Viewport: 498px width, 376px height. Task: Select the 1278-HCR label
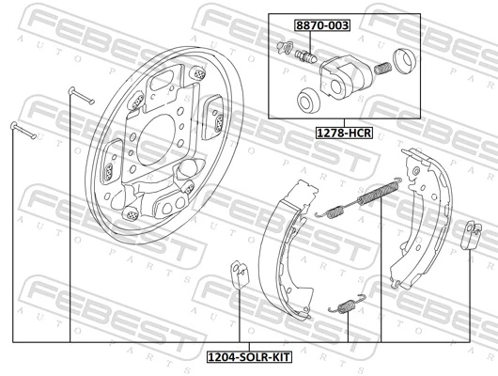344,133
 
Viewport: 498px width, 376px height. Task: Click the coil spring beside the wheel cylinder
382,68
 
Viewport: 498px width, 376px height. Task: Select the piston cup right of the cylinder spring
405,62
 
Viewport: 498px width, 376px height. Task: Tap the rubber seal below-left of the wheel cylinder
306,101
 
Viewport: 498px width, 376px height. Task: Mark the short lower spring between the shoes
344,305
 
